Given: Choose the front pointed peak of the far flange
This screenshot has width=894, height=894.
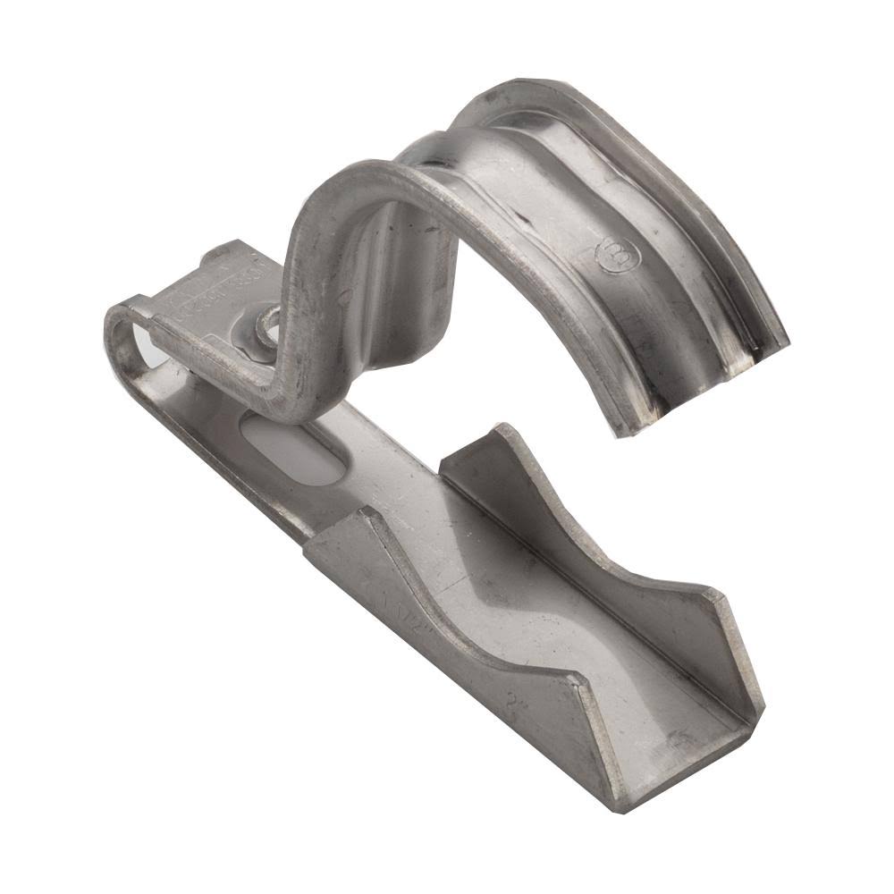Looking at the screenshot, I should [716, 595].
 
